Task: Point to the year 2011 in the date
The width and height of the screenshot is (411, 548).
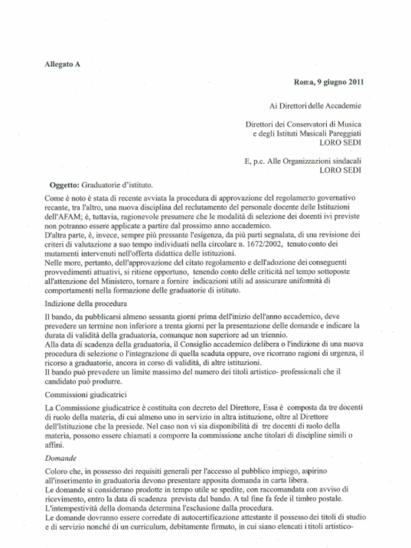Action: tap(356, 82)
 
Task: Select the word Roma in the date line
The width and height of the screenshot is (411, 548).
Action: tap(303, 82)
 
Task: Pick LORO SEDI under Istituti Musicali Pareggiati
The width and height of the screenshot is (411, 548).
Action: tap(340, 142)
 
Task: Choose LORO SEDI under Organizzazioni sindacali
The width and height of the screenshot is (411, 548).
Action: tap(340, 170)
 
